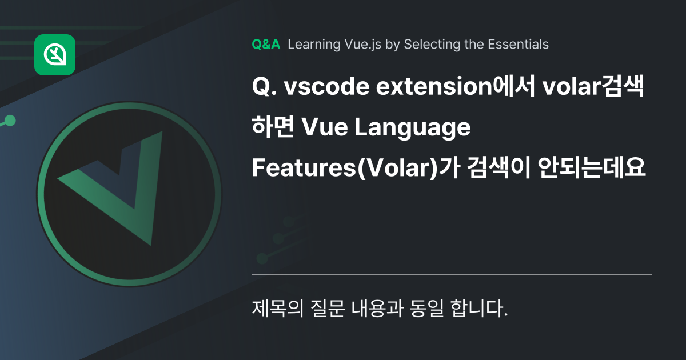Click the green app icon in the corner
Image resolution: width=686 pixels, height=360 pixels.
point(55,55)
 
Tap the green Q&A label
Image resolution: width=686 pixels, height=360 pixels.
point(266,45)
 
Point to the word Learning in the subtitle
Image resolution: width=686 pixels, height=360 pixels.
point(312,45)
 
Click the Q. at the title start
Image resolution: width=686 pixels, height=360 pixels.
point(264,89)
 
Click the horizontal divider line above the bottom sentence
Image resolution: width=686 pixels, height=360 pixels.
point(452,275)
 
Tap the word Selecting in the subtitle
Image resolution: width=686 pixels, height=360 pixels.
point(428,45)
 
